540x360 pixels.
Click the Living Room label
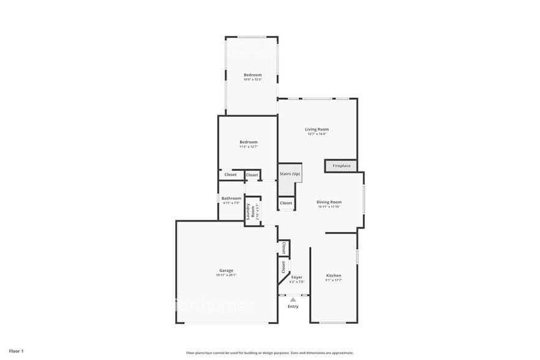(x=317, y=129)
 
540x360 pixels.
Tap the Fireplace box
(x=341, y=166)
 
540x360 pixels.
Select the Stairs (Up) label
(x=290, y=174)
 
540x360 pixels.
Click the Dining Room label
(x=329, y=202)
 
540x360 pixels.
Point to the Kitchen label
(x=334, y=276)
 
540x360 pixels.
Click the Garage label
(x=226, y=270)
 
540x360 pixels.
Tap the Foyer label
(x=297, y=277)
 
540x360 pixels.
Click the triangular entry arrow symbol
(x=293, y=299)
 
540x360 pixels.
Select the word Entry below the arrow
(x=293, y=306)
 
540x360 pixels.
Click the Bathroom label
(x=231, y=198)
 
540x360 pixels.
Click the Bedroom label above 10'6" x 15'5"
(x=253, y=75)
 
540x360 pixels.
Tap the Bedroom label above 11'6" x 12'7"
(x=248, y=142)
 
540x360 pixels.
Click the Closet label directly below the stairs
(x=286, y=203)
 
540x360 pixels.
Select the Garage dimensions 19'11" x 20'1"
(x=226, y=275)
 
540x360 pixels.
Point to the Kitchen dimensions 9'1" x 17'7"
(x=334, y=280)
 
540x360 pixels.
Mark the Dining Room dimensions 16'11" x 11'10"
(x=329, y=207)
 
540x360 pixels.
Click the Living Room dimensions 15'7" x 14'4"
(x=317, y=134)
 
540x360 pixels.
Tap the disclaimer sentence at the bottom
(x=269, y=353)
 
